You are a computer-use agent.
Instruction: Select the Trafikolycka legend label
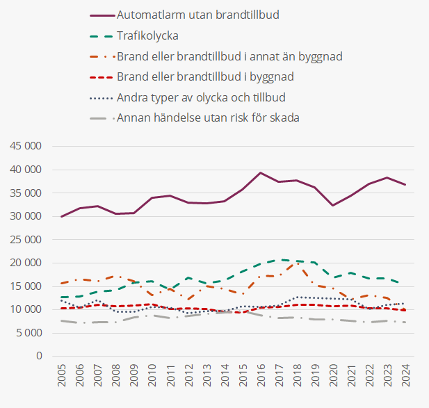click(147, 35)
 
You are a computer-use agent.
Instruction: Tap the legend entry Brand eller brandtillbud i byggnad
click(206, 76)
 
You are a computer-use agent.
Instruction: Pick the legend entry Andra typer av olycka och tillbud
click(202, 97)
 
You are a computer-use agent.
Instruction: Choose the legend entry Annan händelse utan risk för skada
click(208, 117)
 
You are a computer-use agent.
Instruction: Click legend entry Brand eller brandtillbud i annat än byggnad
click(230, 56)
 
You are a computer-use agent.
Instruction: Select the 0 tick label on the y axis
click(40, 356)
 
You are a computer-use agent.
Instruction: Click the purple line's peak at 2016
click(260, 172)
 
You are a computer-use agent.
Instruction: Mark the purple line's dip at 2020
click(333, 205)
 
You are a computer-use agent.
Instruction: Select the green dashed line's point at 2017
click(279, 259)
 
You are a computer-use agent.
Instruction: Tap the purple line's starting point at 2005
click(62, 216)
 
